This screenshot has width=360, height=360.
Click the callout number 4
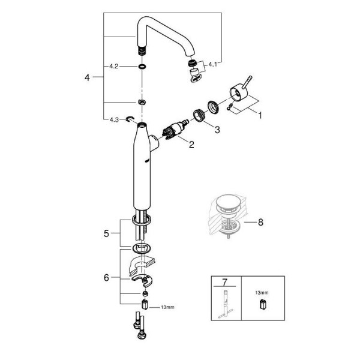88,77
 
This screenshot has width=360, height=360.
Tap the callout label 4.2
113,67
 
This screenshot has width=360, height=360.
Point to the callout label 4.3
113,119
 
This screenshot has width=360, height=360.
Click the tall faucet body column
142,174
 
